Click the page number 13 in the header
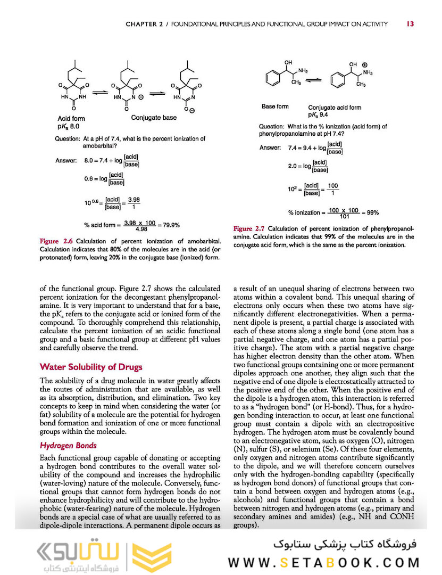pos(410,24)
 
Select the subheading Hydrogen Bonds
pos(69,445)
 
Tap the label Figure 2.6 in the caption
pos(56,241)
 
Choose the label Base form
pos(275,106)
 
